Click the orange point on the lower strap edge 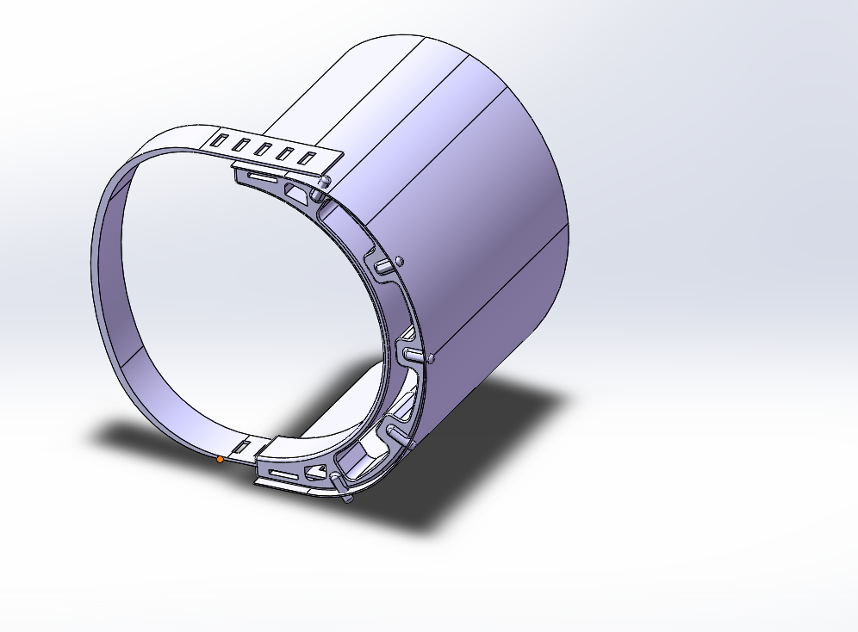click(220, 460)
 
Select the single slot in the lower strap click(242, 447)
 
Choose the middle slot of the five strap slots click(263, 148)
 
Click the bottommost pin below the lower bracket click(345, 497)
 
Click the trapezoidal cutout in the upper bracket click(297, 189)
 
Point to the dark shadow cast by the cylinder click(482, 448)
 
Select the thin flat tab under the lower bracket click(284, 487)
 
